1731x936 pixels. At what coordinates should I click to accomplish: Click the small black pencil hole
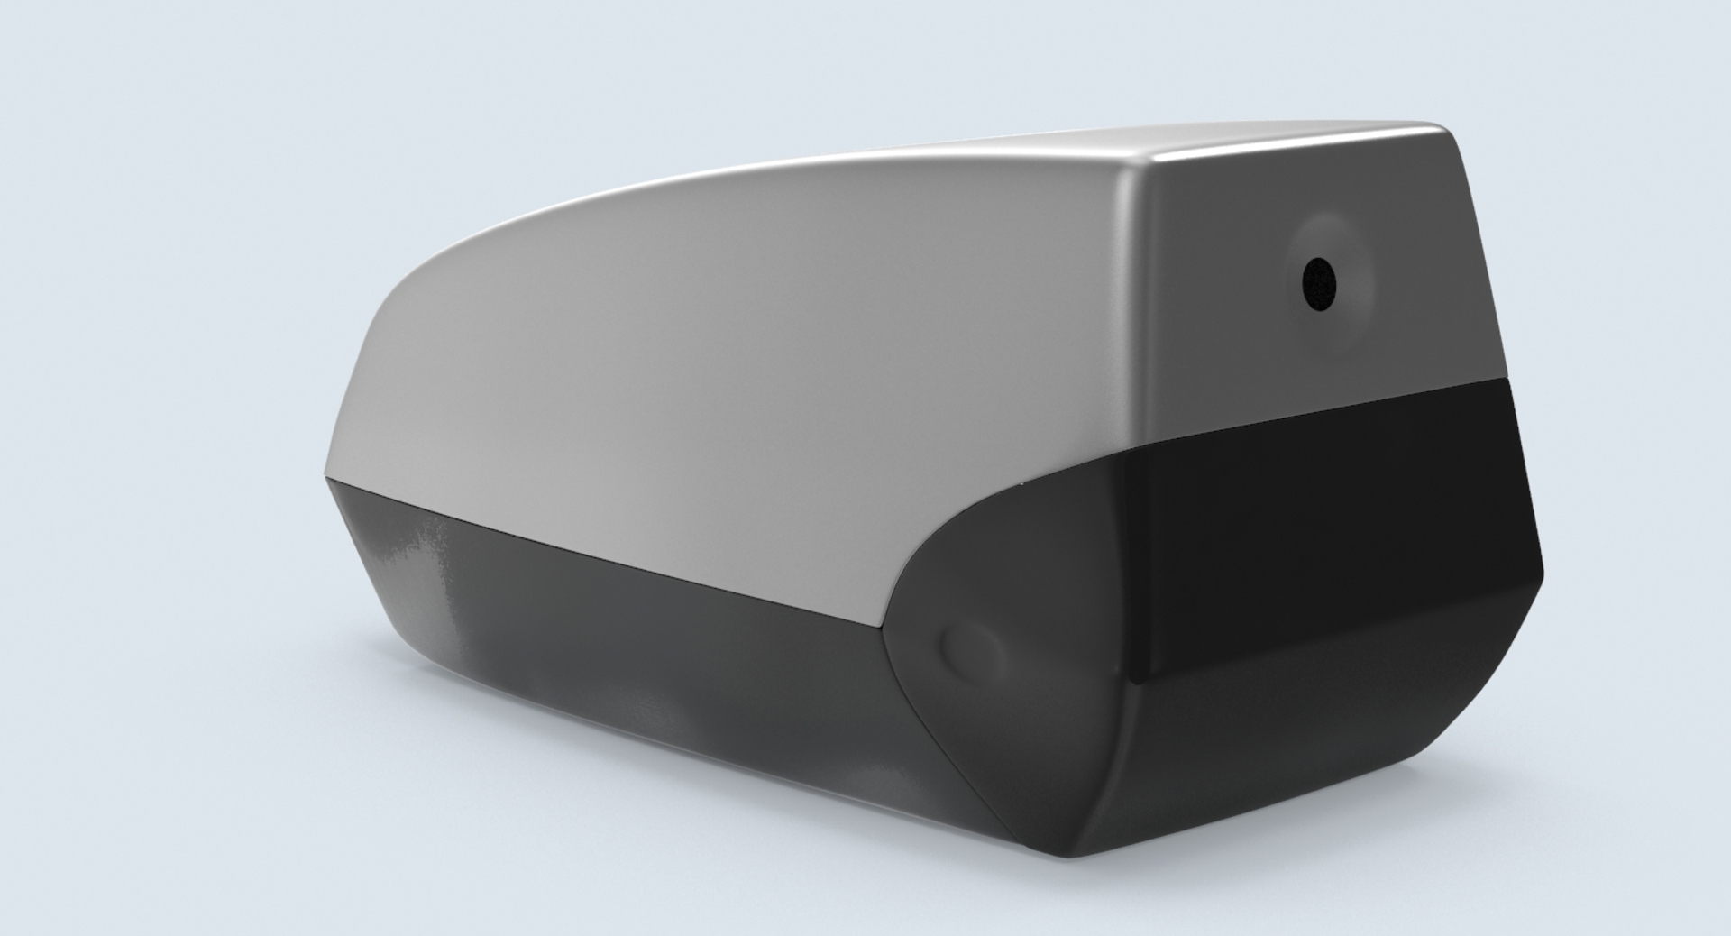pyautogui.click(x=1319, y=283)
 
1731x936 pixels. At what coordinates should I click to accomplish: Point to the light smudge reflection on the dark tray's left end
pyautogui.click(x=424, y=550)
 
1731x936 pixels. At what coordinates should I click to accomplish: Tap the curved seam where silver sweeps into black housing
pyautogui.click(x=947, y=541)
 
